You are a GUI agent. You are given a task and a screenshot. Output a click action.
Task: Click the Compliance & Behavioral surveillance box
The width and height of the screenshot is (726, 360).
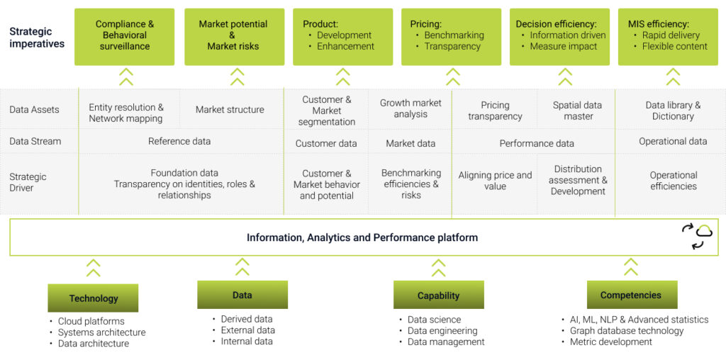click(x=124, y=36)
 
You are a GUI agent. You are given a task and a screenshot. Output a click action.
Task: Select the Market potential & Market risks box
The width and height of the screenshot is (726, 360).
click(x=234, y=36)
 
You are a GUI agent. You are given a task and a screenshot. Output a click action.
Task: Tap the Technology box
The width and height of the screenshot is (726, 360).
click(x=93, y=298)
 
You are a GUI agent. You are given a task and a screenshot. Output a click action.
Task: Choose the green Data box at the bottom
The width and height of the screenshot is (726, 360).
click(x=242, y=295)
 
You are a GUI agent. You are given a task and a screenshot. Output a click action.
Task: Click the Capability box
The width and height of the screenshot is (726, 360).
click(x=438, y=296)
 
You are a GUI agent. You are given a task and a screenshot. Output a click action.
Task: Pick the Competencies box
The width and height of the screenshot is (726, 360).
click(x=631, y=295)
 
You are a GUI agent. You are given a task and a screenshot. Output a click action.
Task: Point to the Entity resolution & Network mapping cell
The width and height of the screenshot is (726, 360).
click(x=126, y=113)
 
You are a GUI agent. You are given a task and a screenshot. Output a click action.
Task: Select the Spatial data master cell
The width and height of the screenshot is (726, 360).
click(x=578, y=111)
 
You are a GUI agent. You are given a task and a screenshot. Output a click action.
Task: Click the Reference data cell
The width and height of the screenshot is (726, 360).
click(x=179, y=141)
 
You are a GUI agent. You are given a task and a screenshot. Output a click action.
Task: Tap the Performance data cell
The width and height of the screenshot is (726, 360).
click(x=537, y=143)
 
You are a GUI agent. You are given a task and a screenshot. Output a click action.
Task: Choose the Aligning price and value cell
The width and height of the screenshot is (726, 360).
click(x=495, y=181)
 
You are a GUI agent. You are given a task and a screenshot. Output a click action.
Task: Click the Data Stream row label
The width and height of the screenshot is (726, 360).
click(x=35, y=141)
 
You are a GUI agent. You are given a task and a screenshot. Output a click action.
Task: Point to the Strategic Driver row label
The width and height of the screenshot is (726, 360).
click(x=28, y=182)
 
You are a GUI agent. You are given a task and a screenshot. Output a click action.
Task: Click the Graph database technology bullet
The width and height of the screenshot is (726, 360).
click(x=627, y=331)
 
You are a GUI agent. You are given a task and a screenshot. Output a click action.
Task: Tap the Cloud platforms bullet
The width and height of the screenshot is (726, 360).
click(x=91, y=321)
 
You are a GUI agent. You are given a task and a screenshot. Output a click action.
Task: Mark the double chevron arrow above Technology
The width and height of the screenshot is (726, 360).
click(x=93, y=269)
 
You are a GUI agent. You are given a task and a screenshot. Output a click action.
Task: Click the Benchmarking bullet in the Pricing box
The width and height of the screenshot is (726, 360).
click(x=454, y=35)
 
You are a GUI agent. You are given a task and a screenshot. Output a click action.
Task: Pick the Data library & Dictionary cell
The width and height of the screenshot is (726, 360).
click(x=673, y=111)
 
